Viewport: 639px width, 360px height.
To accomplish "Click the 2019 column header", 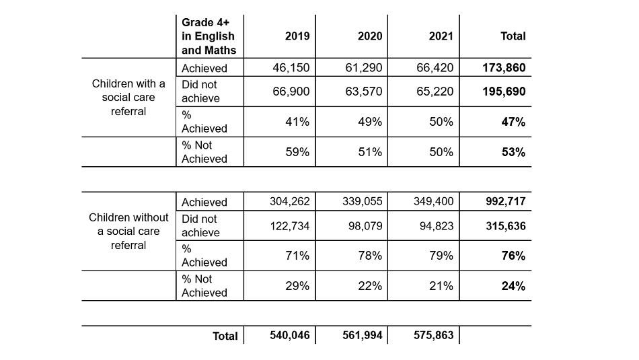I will point(297,36).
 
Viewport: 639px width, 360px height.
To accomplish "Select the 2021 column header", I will point(441,36).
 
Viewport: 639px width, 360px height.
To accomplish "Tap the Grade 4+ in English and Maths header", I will point(209,36).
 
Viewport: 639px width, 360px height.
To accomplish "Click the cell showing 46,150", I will point(291,68).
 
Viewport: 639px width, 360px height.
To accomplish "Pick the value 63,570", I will point(363,92).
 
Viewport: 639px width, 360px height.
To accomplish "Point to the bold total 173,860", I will point(504,68).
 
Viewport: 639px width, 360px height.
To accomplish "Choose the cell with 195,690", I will point(504,92).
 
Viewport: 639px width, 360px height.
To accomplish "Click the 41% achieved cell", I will point(298,122).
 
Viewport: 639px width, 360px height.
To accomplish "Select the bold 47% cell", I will point(513,122).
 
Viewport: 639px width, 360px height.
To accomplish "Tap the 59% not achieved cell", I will point(298,152).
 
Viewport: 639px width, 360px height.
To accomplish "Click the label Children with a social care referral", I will point(128,98).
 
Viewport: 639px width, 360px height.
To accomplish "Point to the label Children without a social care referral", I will point(128,231).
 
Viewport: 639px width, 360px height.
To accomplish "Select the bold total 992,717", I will point(504,202).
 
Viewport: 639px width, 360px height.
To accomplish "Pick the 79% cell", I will point(442,256).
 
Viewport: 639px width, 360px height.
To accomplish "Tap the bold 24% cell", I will point(513,286).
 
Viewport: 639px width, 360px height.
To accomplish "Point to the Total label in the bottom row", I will point(225,336).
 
